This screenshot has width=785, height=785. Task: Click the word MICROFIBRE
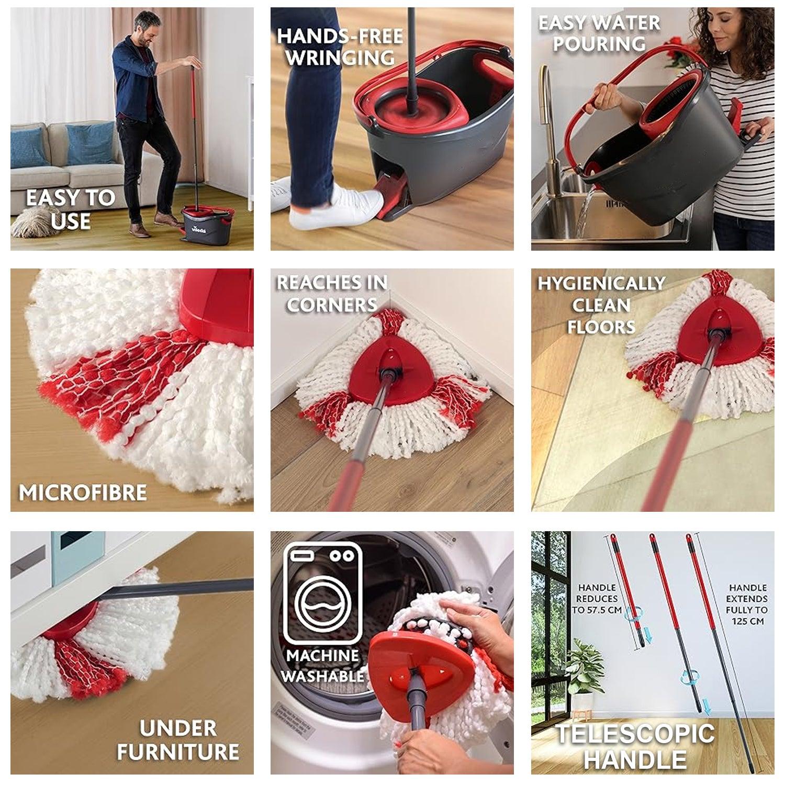[x=83, y=492]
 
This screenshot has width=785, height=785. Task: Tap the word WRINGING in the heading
[x=340, y=58]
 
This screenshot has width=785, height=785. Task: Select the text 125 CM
[x=747, y=621]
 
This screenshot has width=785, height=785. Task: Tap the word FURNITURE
[x=178, y=752]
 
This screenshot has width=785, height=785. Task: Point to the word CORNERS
[x=332, y=305]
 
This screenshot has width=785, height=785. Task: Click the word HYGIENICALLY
[x=601, y=284]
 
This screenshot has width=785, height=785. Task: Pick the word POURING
[x=599, y=44]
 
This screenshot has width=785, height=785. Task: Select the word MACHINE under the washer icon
[x=322, y=655]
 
